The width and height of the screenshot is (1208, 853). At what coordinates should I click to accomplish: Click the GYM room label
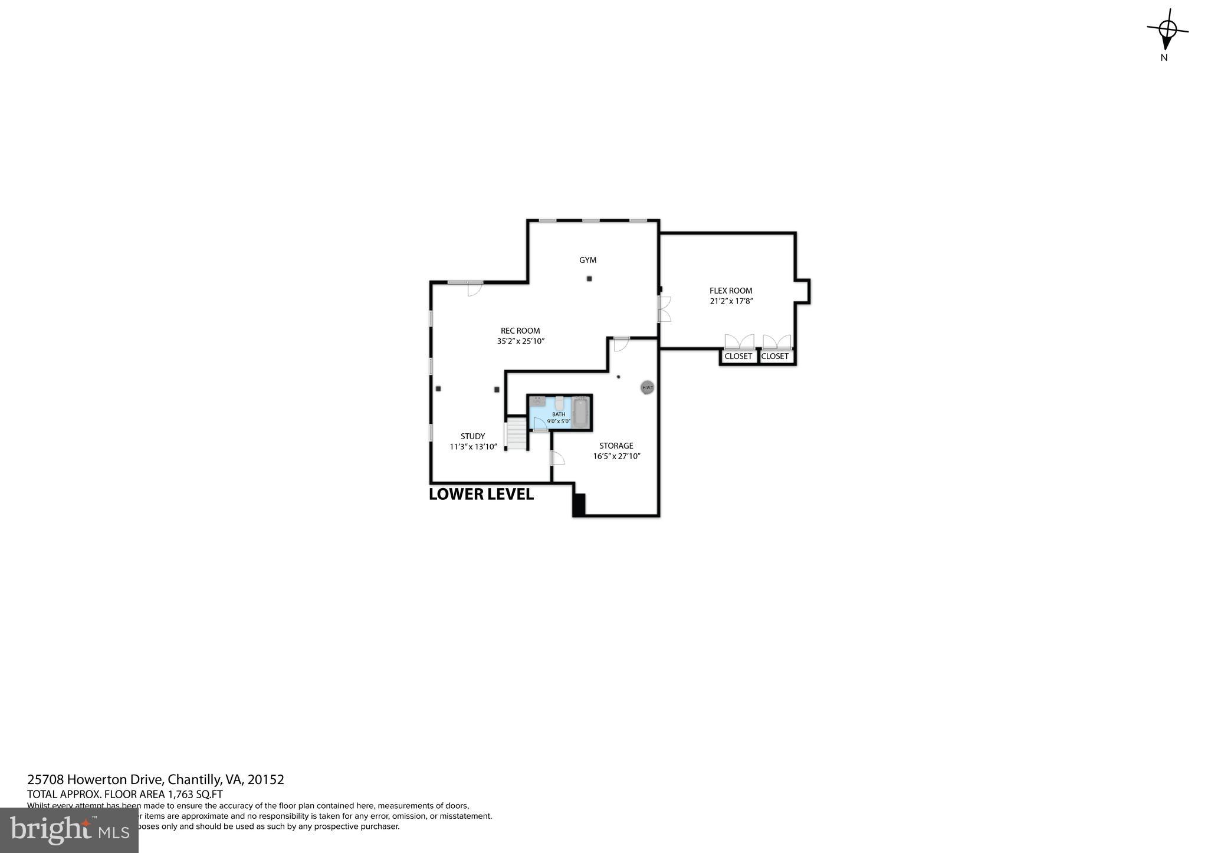pyautogui.click(x=587, y=260)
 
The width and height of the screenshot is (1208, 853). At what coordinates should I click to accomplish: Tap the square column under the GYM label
pyautogui.click(x=589, y=279)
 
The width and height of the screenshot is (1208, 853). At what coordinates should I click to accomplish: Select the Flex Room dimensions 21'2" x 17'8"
pyautogui.click(x=731, y=301)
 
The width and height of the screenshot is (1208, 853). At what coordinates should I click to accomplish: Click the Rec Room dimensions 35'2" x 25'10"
pyautogui.click(x=520, y=341)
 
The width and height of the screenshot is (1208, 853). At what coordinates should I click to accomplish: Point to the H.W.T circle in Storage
pyautogui.click(x=647, y=387)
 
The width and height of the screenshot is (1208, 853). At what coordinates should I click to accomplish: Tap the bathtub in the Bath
pyautogui.click(x=580, y=411)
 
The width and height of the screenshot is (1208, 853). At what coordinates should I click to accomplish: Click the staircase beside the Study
pyautogui.click(x=517, y=434)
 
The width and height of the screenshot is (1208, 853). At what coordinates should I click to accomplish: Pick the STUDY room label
pyautogui.click(x=472, y=437)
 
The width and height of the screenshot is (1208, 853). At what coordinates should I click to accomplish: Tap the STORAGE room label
pyautogui.click(x=616, y=446)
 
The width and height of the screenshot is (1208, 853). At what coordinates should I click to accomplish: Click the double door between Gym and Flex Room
pyautogui.click(x=664, y=309)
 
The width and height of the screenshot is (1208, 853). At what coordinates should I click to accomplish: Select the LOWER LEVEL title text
pyautogui.click(x=481, y=495)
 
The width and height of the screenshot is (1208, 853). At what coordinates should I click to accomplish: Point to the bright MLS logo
pyautogui.click(x=69, y=830)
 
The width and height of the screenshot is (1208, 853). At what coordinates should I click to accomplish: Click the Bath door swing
pyautogui.click(x=539, y=423)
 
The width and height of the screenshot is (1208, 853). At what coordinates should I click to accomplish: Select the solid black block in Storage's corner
pyautogui.click(x=579, y=505)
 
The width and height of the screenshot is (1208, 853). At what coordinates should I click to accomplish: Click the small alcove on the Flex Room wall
pyautogui.click(x=803, y=291)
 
